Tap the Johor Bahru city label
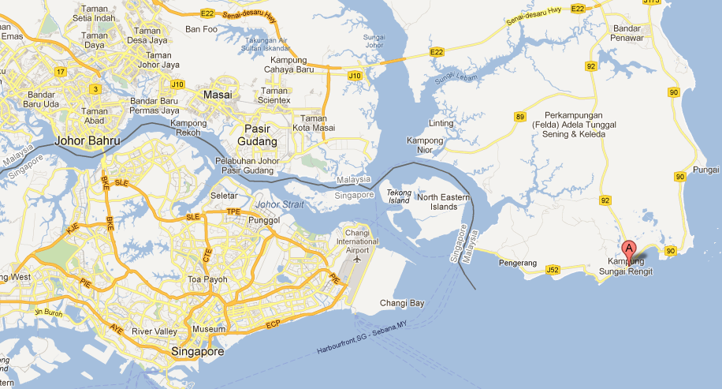pyautogui.click(x=87, y=141)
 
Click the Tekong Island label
pyautogui.click(x=399, y=196)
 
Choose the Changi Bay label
pyautogui.click(x=401, y=303)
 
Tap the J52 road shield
pyautogui.click(x=553, y=271)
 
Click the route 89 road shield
pyautogui.click(x=520, y=118)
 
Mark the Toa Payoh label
pyautogui.click(x=207, y=280)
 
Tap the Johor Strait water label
pyautogui.click(x=280, y=205)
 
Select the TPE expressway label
pyautogui.click(x=233, y=212)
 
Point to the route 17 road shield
pyautogui.click(x=60, y=72)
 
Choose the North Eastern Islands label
pyautogui.click(x=437, y=202)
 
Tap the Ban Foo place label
pyautogui.click(x=201, y=29)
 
